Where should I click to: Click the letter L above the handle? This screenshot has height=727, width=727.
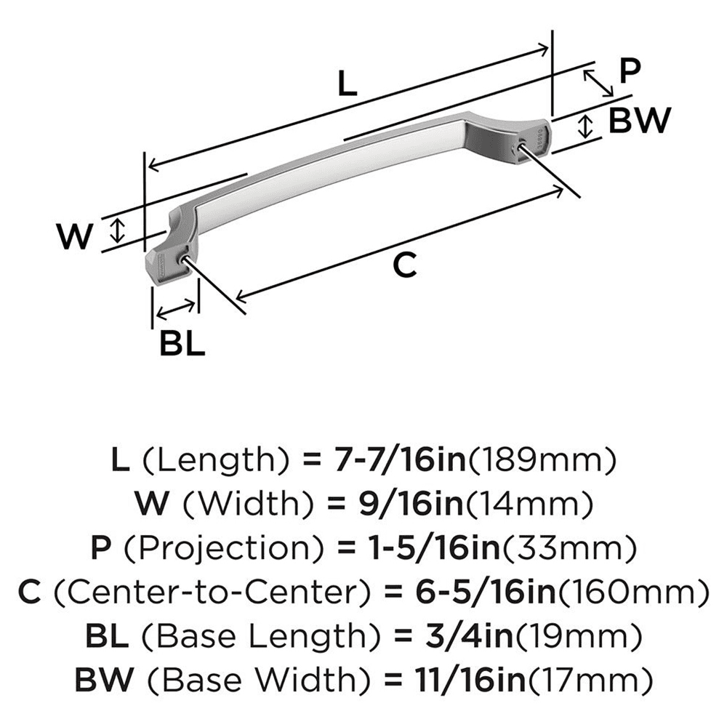tap(348, 86)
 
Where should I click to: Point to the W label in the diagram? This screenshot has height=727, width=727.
tap(76, 237)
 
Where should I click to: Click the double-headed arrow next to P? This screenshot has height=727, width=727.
tap(600, 81)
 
